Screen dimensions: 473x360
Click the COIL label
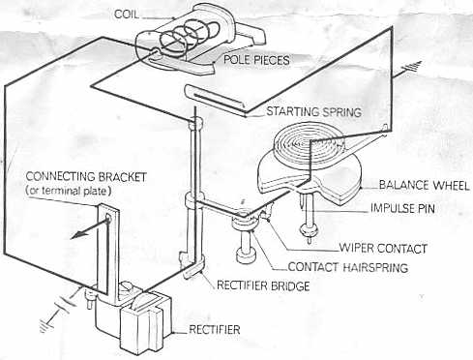[127, 15]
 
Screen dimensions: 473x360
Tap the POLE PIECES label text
[256, 60]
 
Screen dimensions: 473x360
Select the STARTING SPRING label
[313, 112]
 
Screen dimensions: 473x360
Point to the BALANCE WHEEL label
[424, 185]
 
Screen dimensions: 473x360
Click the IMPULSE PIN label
[402, 208]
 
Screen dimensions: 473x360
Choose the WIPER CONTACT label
[383, 249]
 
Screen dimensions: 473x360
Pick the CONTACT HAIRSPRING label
[348, 267]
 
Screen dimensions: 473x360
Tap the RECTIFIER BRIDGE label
[263, 285]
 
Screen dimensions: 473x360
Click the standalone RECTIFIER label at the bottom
[215, 330]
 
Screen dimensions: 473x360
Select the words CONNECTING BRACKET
[86, 177]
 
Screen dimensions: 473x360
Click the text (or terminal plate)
[69, 191]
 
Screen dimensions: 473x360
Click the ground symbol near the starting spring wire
[413, 67]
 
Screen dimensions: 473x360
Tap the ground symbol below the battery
[45, 324]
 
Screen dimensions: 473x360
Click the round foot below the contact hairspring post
[246, 255]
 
